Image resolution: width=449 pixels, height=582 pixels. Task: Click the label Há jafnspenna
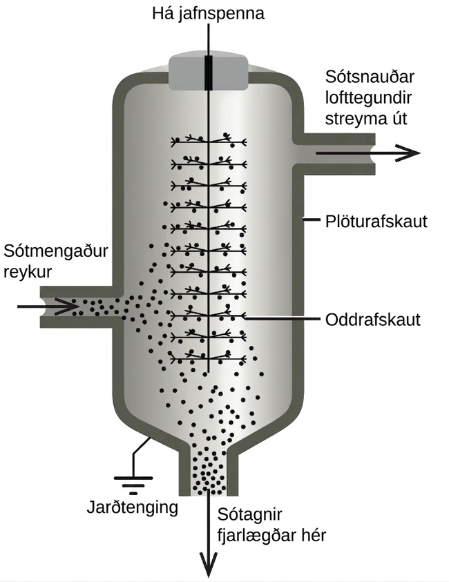click(208, 14)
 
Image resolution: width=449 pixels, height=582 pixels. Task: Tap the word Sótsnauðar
click(370, 77)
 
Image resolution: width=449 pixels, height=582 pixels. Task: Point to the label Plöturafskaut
click(376, 221)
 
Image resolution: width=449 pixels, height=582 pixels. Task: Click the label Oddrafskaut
click(373, 320)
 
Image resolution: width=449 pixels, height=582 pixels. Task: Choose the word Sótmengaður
click(56, 252)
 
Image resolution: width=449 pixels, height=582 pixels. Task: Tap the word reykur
click(28, 273)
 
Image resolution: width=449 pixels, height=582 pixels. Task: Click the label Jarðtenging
click(132, 507)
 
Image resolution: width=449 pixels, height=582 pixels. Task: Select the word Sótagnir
click(249, 515)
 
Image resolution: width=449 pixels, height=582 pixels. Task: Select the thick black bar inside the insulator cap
click(209, 72)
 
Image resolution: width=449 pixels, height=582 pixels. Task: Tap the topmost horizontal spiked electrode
click(209, 141)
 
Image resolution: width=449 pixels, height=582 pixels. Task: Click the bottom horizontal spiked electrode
click(209, 358)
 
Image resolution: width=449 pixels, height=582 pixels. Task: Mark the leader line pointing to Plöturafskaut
click(312, 220)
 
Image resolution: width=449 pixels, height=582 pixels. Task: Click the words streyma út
click(366, 119)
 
